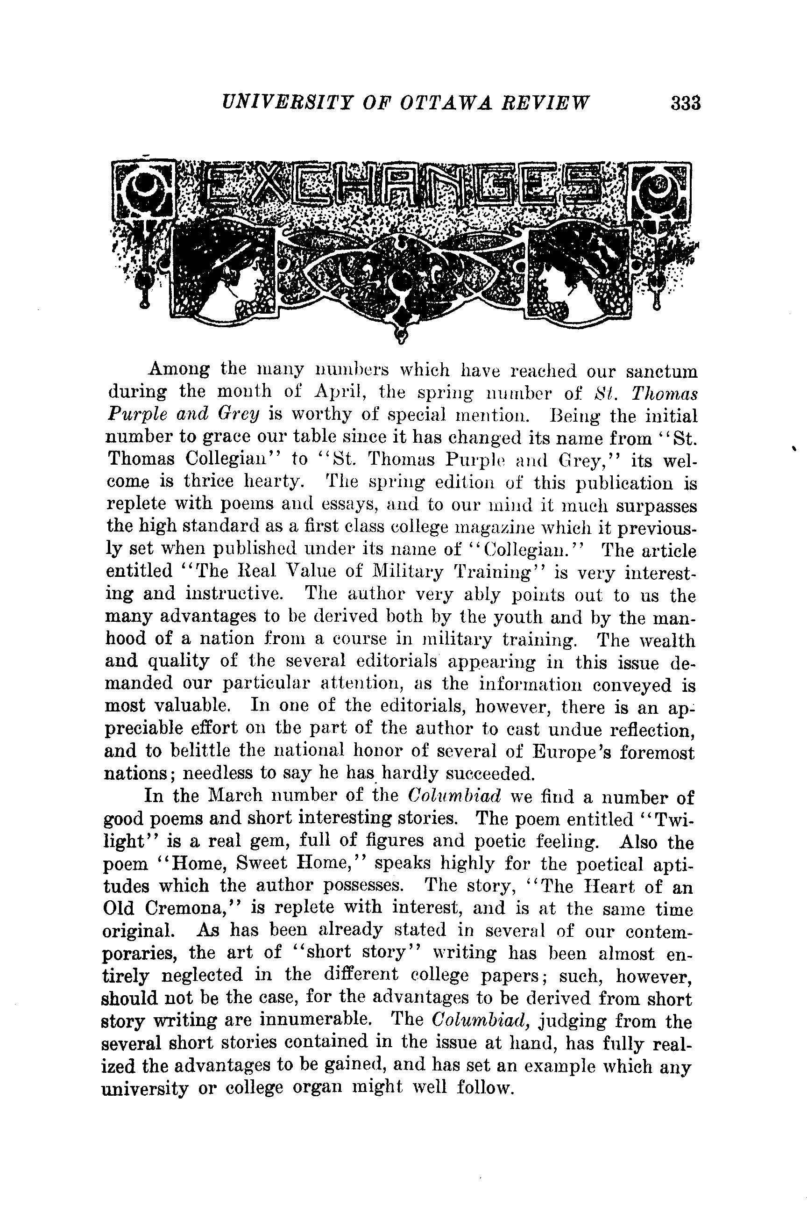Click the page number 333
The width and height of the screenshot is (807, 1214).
[x=686, y=103]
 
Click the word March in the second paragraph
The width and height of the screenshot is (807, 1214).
[x=236, y=797]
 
